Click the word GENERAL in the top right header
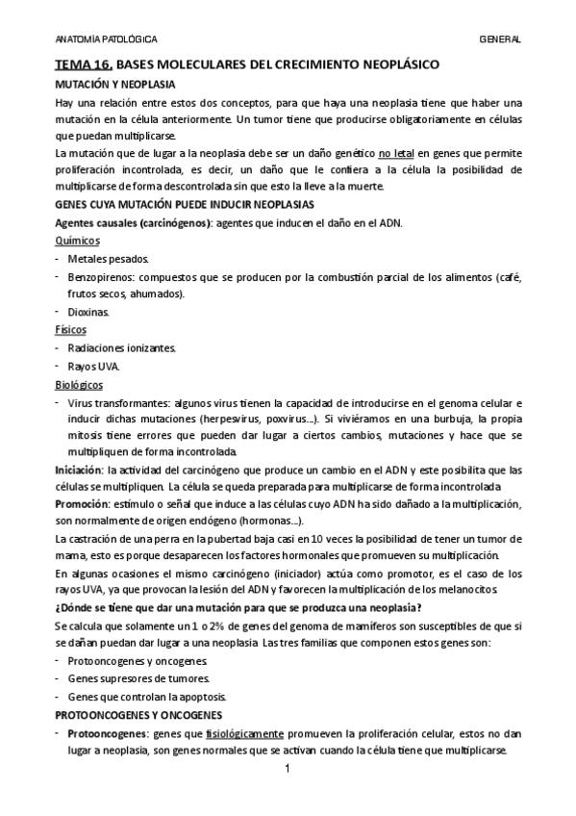point(499,39)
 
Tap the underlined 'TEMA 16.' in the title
point(85,65)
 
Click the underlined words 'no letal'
point(398,154)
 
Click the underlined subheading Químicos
point(77,242)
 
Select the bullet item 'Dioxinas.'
point(89,312)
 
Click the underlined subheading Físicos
point(71,329)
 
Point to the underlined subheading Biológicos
point(79,383)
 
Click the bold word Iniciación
point(79,470)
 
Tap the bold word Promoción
point(81,504)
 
